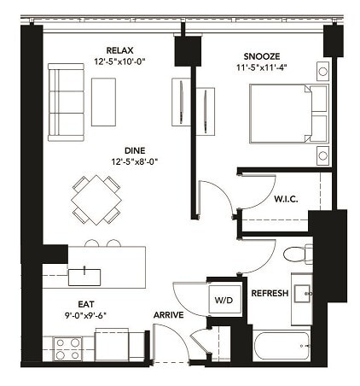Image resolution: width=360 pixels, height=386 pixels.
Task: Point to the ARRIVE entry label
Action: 171,314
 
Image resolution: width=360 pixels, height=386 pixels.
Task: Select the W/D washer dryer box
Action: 224,299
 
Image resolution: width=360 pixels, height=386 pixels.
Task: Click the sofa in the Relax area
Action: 65,100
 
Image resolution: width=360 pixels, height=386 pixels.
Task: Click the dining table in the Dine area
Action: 96,198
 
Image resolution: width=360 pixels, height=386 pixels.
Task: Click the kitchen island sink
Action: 84,275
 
